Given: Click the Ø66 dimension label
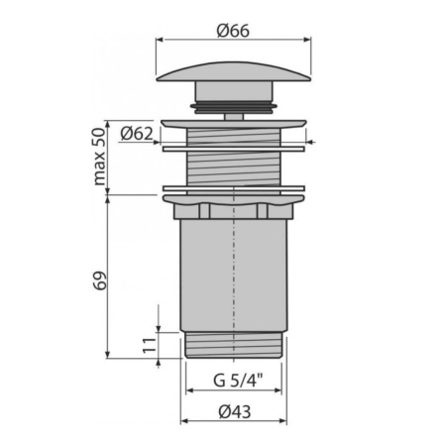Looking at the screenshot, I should [232, 29].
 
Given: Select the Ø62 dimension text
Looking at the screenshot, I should [136, 132].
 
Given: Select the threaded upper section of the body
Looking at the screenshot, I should [232, 159].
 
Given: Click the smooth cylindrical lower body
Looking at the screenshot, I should [232, 278].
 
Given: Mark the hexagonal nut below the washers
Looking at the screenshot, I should [232, 210].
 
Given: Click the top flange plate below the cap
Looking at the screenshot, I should [232, 124].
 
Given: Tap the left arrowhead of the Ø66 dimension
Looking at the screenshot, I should [161, 41].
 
